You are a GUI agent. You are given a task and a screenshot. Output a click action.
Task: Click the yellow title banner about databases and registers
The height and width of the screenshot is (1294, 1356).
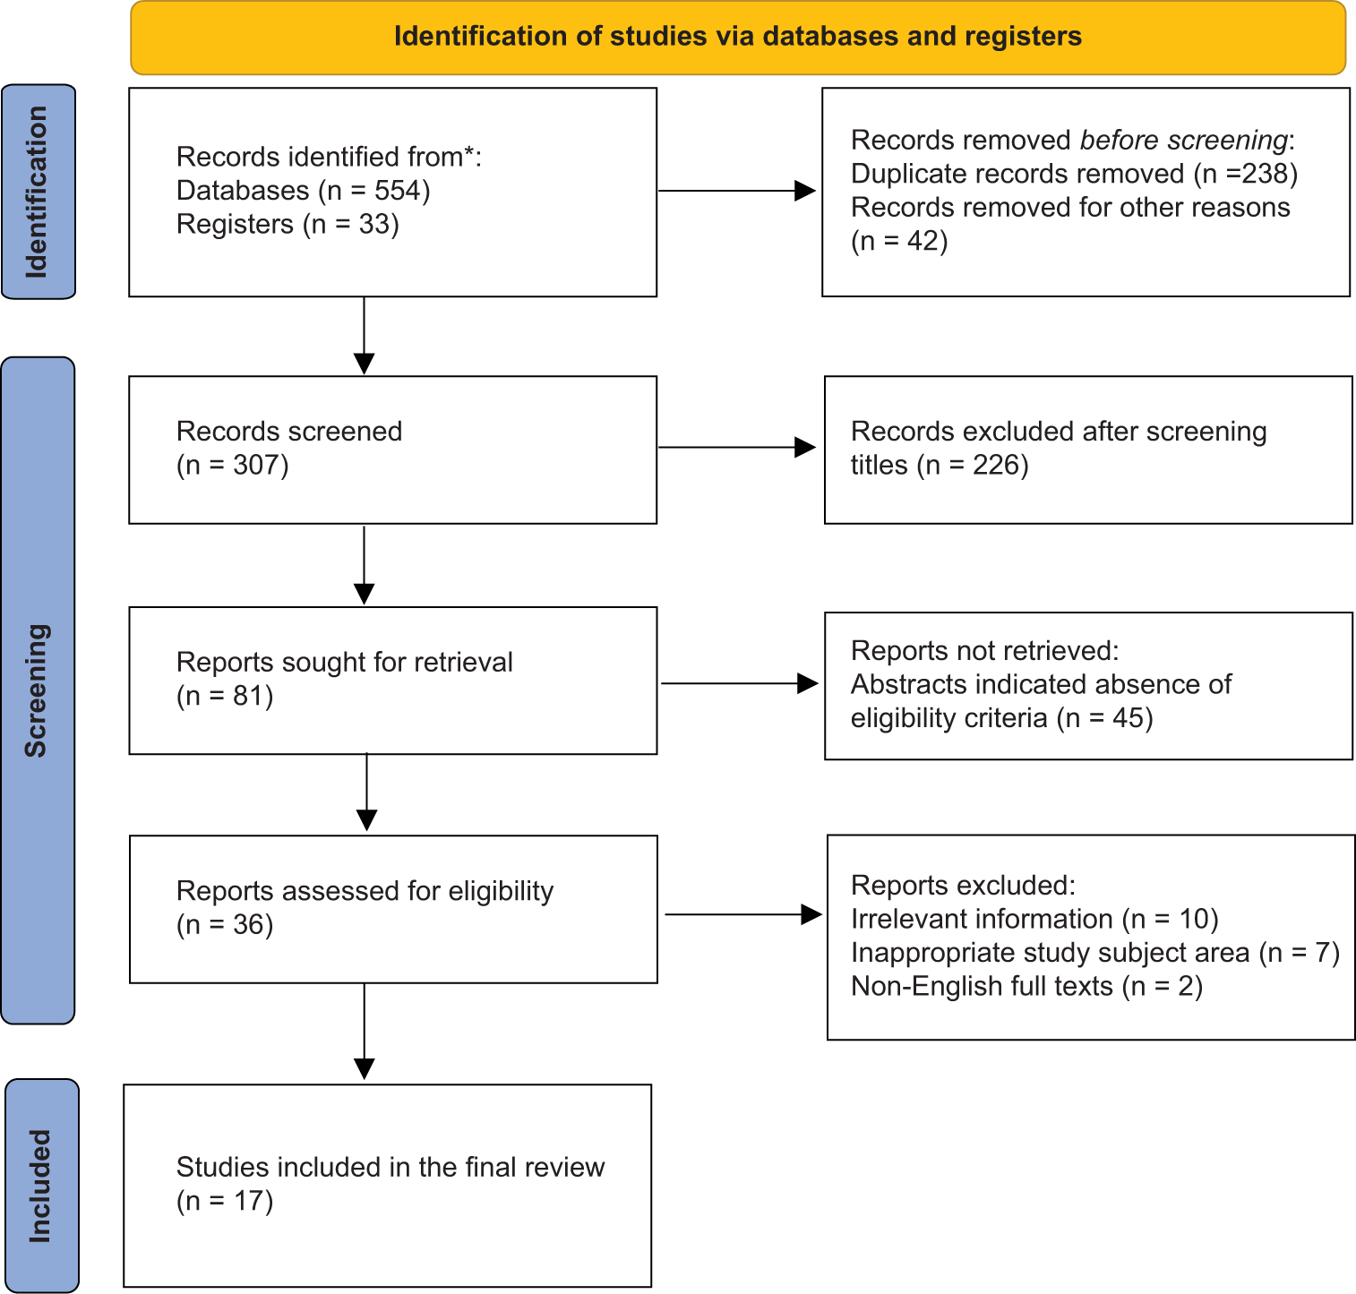(737, 38)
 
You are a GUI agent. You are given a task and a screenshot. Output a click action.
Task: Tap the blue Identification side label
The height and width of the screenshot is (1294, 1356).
(39, 192)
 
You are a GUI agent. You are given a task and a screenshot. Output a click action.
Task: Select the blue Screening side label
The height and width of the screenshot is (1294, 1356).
(38, 690)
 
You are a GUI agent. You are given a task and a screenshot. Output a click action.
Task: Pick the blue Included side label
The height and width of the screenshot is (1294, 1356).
(41, 1186)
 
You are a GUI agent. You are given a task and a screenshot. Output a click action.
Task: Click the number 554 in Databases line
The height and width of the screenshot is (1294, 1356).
(398, 191)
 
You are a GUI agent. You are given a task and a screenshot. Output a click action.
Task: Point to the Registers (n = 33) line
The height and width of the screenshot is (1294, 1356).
(288, 224)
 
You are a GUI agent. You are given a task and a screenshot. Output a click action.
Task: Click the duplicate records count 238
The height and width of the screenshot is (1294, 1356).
(1266, 174)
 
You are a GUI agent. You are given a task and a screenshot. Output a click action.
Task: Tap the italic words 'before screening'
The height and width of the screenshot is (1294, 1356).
(1183, 141)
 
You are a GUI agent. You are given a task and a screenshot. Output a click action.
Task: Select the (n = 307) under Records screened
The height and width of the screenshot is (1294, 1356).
(233, 466)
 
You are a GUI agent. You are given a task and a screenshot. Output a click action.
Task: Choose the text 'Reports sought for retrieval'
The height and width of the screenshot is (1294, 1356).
(344, 663)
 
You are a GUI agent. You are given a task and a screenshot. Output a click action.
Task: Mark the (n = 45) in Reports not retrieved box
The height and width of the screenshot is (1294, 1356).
(1104, 718)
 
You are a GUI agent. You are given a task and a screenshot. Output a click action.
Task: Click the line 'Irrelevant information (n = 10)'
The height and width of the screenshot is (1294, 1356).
(1034, 919)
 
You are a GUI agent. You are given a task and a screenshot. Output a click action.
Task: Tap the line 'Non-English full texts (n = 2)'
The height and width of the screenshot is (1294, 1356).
(1026, 987)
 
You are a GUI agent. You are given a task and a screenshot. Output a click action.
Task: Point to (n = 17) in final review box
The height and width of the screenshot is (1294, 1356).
(225, 1201)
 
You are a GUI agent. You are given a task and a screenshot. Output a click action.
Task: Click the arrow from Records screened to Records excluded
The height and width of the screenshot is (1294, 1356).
(736, 448)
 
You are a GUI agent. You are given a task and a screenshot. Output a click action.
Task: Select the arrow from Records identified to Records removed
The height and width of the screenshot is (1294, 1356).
(736, 191)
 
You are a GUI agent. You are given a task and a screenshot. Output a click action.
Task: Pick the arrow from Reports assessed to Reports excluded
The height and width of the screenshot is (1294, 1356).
(742, 914)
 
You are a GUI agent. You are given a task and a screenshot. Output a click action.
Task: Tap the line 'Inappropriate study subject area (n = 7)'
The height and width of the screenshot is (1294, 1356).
(1094, 953)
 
